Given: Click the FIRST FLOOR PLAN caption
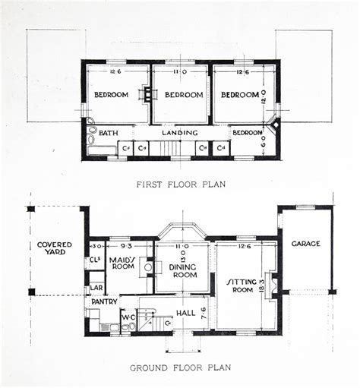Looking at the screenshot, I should pyautogui.click(x=180, y=185).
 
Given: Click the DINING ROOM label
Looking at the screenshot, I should pyautogui.click(x=182, y=270).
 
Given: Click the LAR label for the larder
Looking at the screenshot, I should pyautogui.click(x=96, y=288).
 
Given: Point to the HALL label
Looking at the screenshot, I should pyautogui.click(x=185, y=312).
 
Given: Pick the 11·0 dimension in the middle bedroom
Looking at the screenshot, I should pyautogui.click(x=180, y=72).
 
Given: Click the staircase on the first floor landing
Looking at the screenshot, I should pyautogui.click(x=176, y=148).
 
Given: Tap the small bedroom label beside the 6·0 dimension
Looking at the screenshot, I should pyautogui.click(x=247, y=132).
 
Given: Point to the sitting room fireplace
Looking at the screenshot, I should pyautogui.click(x=276, y=286).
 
